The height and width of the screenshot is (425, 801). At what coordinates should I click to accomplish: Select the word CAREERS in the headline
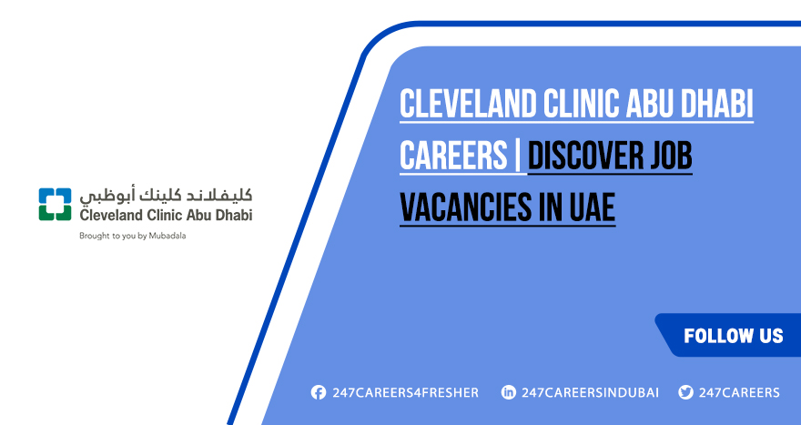tap(452, 157)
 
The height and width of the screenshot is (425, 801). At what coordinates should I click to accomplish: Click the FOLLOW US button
tap(733, 336)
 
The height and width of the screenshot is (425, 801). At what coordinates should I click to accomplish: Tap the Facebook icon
tap(318, 393)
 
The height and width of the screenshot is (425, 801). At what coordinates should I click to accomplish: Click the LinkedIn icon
tap(508, 393)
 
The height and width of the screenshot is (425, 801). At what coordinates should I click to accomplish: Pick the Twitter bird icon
tap(685, 393)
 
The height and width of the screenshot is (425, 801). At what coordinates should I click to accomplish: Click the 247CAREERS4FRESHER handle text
tap(405, 393)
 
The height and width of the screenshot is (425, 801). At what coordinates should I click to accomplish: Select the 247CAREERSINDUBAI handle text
tap(590, 393)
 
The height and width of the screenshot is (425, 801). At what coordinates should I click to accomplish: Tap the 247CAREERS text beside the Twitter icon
tap(739, 393)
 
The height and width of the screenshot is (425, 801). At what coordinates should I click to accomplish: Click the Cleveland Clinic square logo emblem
tap(55, 205)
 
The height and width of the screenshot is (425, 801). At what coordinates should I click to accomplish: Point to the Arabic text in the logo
tap(166, 196)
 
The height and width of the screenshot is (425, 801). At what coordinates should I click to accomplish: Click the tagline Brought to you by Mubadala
tap(134, 236)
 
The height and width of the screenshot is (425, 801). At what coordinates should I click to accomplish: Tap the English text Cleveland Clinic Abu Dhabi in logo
tap(166, 215)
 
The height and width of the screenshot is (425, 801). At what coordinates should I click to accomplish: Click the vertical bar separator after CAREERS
tap(517, 157)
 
